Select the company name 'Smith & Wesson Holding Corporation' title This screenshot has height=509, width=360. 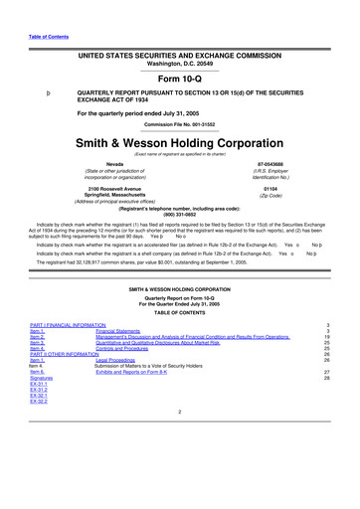pos(179,142)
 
